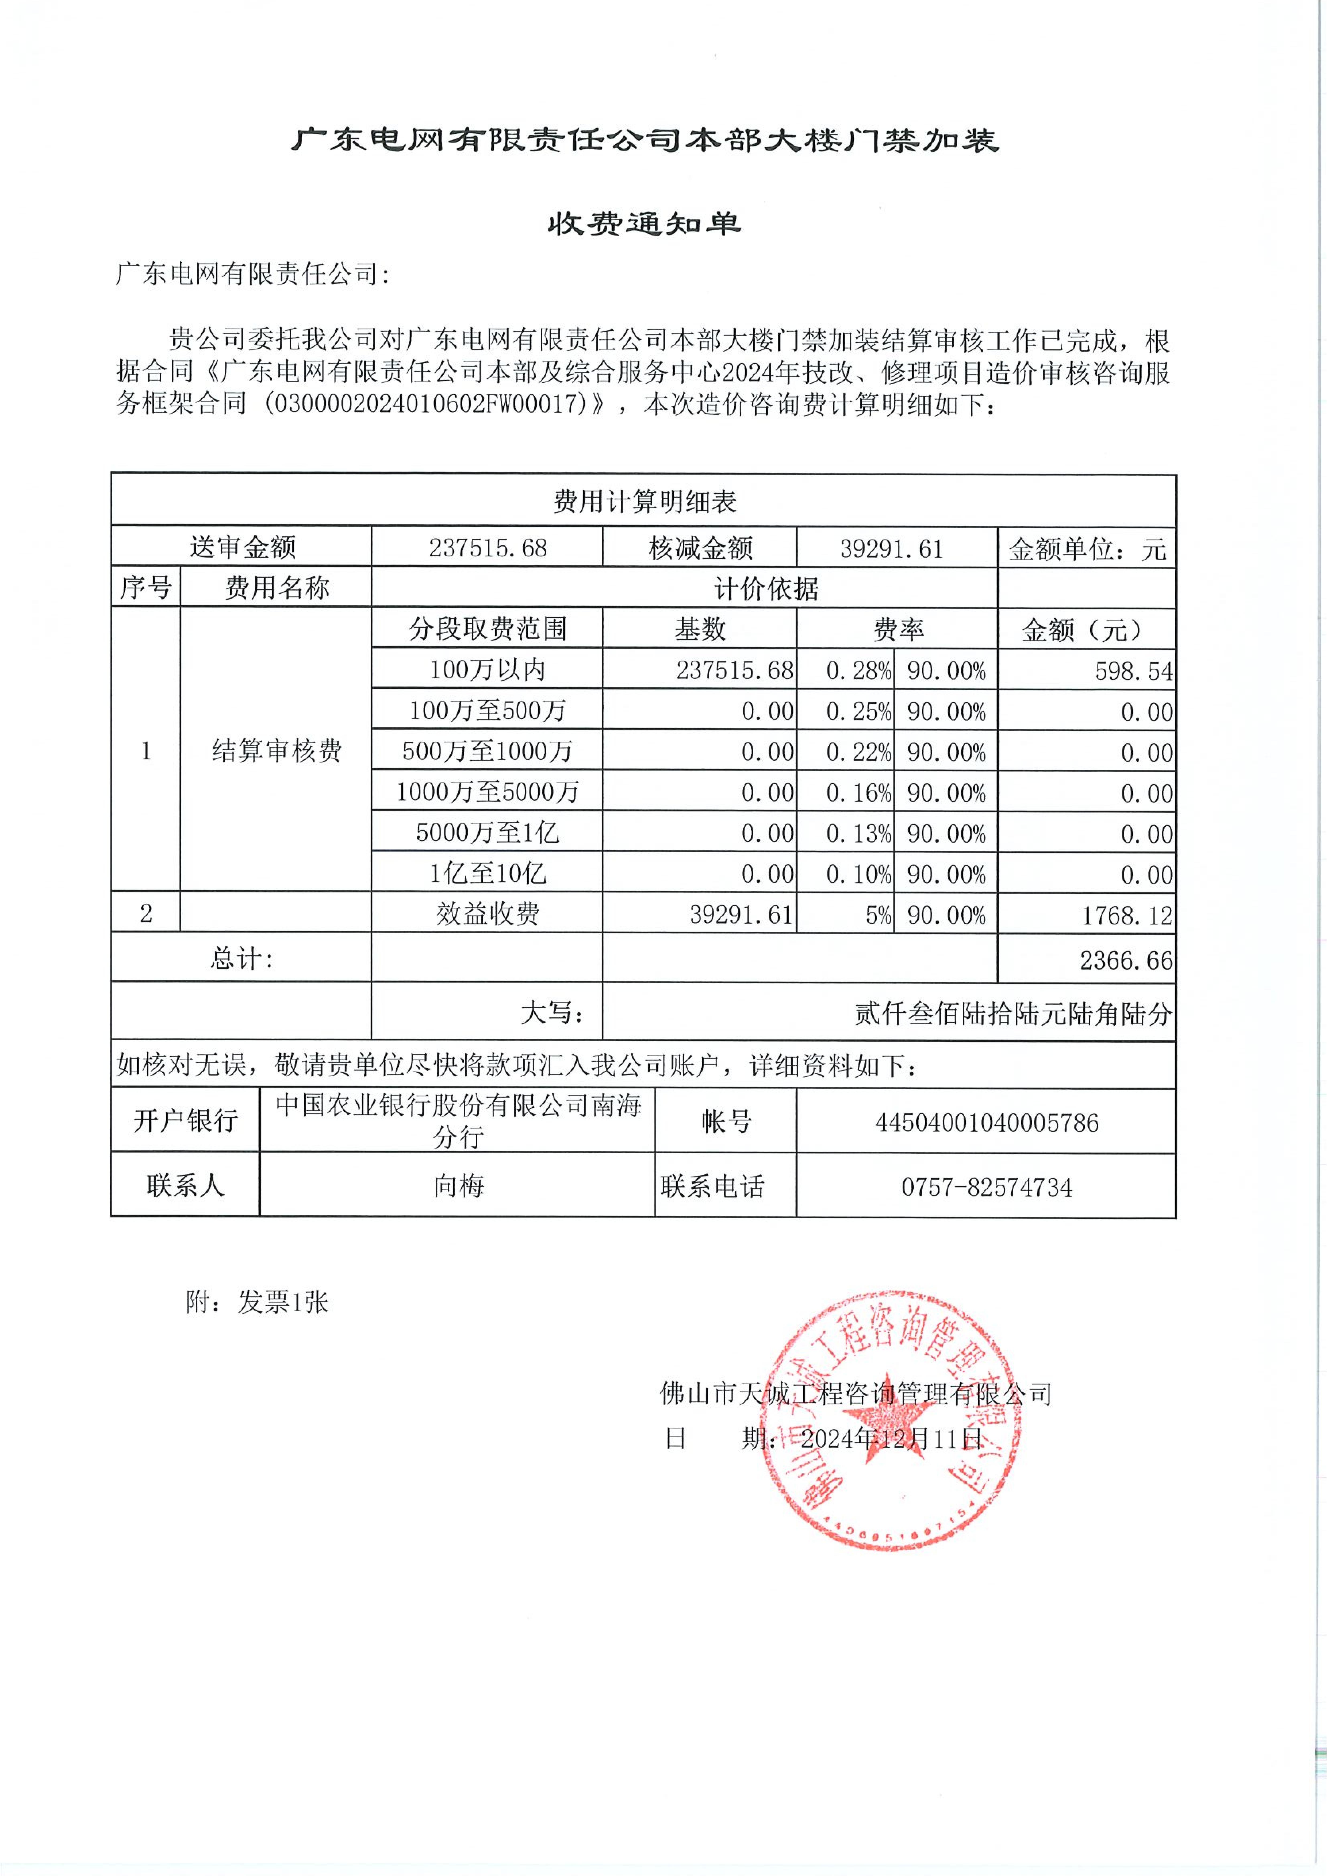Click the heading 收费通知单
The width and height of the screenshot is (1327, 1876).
tap(644, 224)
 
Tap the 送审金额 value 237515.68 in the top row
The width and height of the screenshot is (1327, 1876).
tap(488, 548)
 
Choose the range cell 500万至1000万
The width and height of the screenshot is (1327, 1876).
tap(488, 751)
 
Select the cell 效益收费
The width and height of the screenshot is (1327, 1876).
tap(488, 914)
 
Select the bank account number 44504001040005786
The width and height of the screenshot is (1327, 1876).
tap(986, 1123)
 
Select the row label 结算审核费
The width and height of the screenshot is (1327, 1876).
tap(276, 750)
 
